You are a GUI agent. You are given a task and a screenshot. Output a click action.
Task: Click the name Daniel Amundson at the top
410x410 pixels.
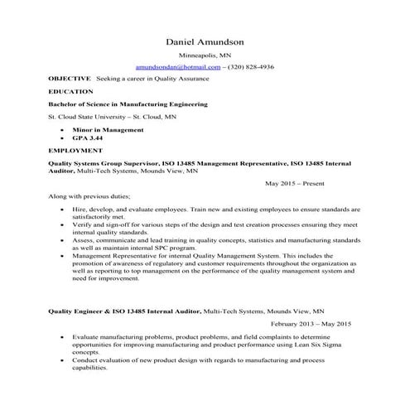click(x=204, y=41)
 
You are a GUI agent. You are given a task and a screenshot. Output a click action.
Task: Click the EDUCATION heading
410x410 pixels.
click(x=71, y=91)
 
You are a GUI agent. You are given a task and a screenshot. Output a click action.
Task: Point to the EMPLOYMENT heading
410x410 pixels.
click(x=75, y=152)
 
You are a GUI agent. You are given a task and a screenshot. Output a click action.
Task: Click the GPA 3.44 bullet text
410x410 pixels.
click(x=85, y=138)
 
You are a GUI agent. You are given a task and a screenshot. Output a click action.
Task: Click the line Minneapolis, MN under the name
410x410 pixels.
click(x=204, y=54)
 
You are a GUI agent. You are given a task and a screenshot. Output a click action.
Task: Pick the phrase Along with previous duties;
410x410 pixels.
click(x=89, y=196)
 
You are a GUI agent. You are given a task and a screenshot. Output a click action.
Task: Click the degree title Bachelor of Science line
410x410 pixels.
click(x=128, y=104)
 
